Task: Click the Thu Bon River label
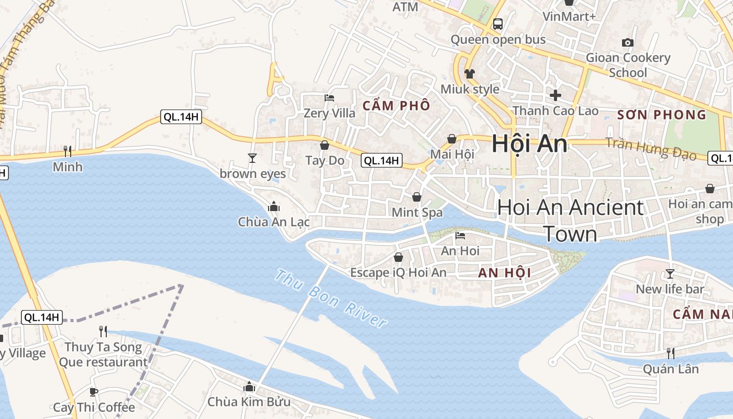[x=331, y=298]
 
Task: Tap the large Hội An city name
[x=529, y=144]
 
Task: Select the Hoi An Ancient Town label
[x=570, y=220]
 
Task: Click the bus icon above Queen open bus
[x=497, y=24]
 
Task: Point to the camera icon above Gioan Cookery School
[x=627, y=42]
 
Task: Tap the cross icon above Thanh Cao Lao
[x=555, y=95]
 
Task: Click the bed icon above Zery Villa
[x=329, y=98]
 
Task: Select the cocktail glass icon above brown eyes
[x=252, y=158]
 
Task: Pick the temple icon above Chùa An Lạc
[x=273, y=207]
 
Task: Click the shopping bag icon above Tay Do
[x=325, y=145]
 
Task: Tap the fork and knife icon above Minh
[x=68, y=151]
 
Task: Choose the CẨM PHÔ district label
[x=396, y=105]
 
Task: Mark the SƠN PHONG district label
[x=662, y=115]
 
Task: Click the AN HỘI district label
[x=504, y=272]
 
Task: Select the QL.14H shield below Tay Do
[x=382, y=161]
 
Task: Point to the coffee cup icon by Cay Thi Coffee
[x=94, y=392]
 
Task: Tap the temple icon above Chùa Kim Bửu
[x=249, y=387]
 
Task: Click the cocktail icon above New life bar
[x=670, y=273]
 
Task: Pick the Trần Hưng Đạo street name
[x=651, y=148]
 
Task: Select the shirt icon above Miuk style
[x=469, y=73]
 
